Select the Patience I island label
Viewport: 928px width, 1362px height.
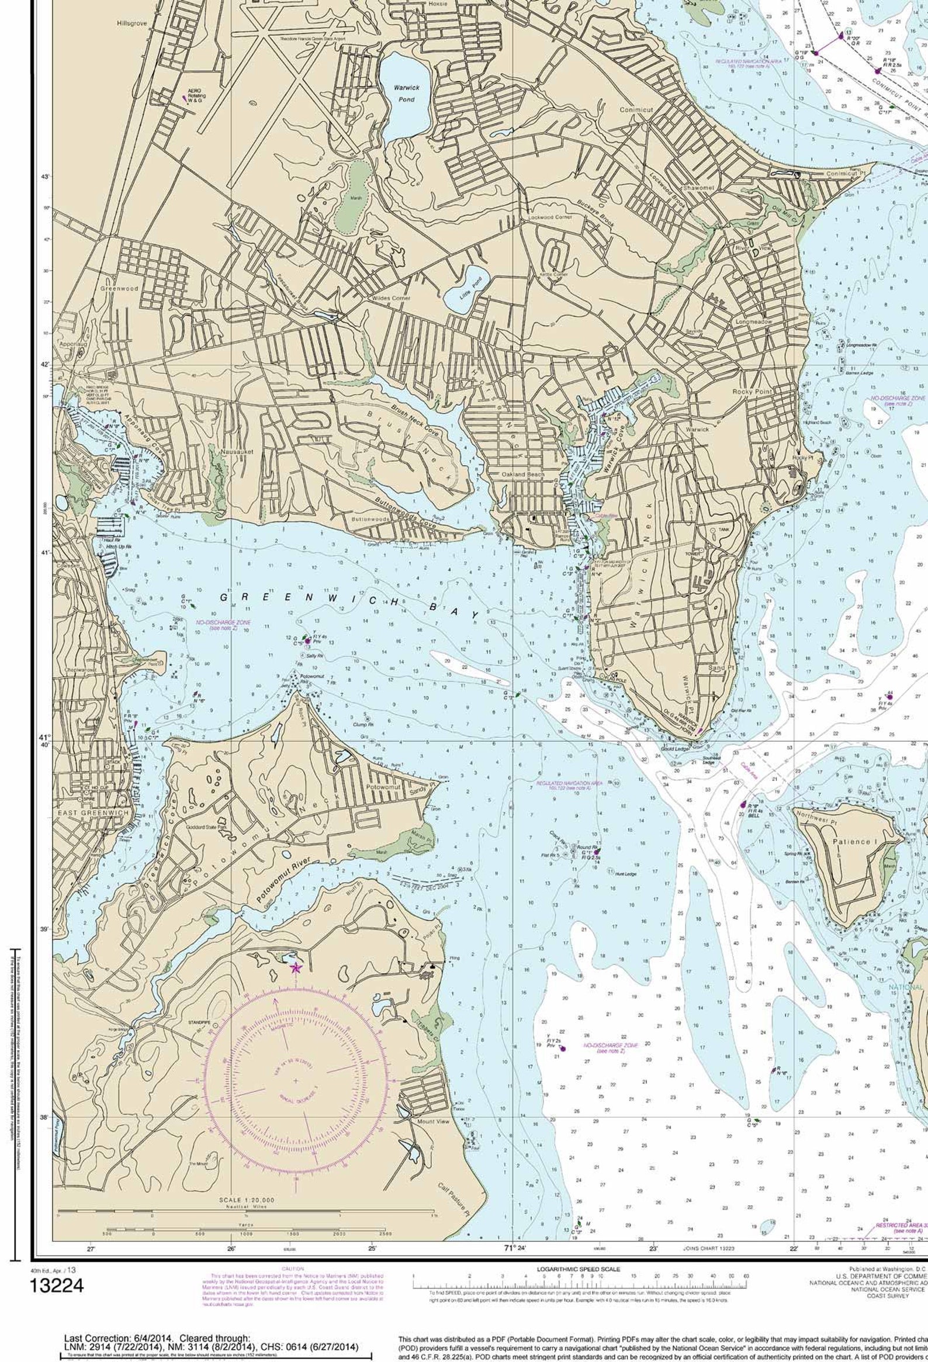853,842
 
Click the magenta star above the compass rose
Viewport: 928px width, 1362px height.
296,968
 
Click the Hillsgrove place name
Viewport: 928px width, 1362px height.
132,23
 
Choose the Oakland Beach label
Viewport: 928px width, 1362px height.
522,474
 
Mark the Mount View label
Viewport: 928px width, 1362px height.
433,1122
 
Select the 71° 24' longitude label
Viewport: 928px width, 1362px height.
515,1248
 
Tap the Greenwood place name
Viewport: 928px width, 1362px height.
119,289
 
